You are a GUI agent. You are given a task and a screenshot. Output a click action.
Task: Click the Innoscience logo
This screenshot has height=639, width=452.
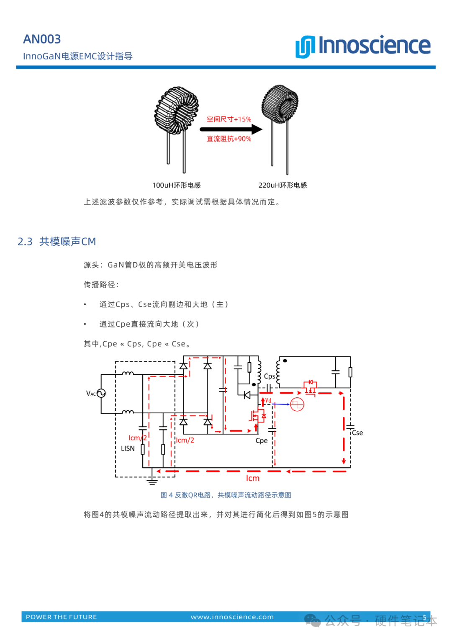pos(363,46)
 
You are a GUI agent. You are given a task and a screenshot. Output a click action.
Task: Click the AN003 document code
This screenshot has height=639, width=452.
pos(42,39)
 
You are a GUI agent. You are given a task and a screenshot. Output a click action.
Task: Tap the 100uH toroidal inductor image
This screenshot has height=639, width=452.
pos(176,126)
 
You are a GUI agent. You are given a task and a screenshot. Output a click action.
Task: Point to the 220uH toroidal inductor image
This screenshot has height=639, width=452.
pos(280,126)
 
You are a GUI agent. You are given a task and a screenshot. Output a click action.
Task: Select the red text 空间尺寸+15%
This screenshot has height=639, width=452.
pos(229,119)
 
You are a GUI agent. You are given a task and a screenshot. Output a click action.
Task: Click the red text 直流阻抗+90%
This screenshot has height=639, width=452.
pos(229,139)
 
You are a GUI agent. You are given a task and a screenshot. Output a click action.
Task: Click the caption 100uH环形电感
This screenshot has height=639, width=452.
pos(176,185)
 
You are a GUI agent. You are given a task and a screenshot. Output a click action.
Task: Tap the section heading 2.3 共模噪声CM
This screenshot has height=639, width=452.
pos(56,242)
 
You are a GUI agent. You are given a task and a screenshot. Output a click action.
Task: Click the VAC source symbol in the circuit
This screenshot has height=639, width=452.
pos(101,393)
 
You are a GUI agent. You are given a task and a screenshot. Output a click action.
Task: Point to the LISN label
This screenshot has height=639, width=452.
pos(128,448)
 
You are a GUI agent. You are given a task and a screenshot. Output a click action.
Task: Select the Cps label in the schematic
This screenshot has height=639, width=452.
pos(270,376)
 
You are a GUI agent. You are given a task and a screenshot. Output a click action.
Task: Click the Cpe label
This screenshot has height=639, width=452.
pos(262,441)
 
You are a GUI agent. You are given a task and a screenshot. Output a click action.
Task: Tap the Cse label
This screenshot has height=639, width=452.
pos(357,433)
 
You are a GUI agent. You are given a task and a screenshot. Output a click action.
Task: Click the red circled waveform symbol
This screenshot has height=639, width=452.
pos(297,405)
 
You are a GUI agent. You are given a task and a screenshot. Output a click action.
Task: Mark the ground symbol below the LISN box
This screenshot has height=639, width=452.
pos(152,480)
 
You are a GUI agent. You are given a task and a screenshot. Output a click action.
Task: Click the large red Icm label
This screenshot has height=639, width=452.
pos(252,478)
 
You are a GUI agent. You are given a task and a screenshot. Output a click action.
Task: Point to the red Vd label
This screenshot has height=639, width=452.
pos(268,400)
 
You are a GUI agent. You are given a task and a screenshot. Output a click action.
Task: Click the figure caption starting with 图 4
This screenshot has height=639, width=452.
pos(226,495)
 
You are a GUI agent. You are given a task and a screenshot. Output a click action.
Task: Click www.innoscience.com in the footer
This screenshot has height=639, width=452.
pos(232,617)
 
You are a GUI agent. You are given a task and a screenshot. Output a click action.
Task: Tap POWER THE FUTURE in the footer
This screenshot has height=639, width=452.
pos(62,617)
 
